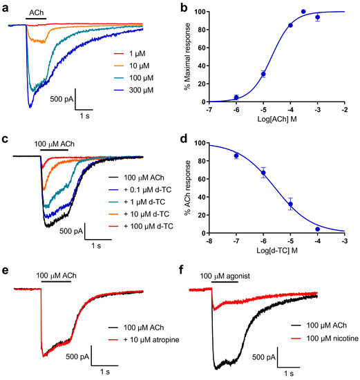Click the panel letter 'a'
point(6,8)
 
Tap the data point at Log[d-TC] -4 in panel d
point(317,229)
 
